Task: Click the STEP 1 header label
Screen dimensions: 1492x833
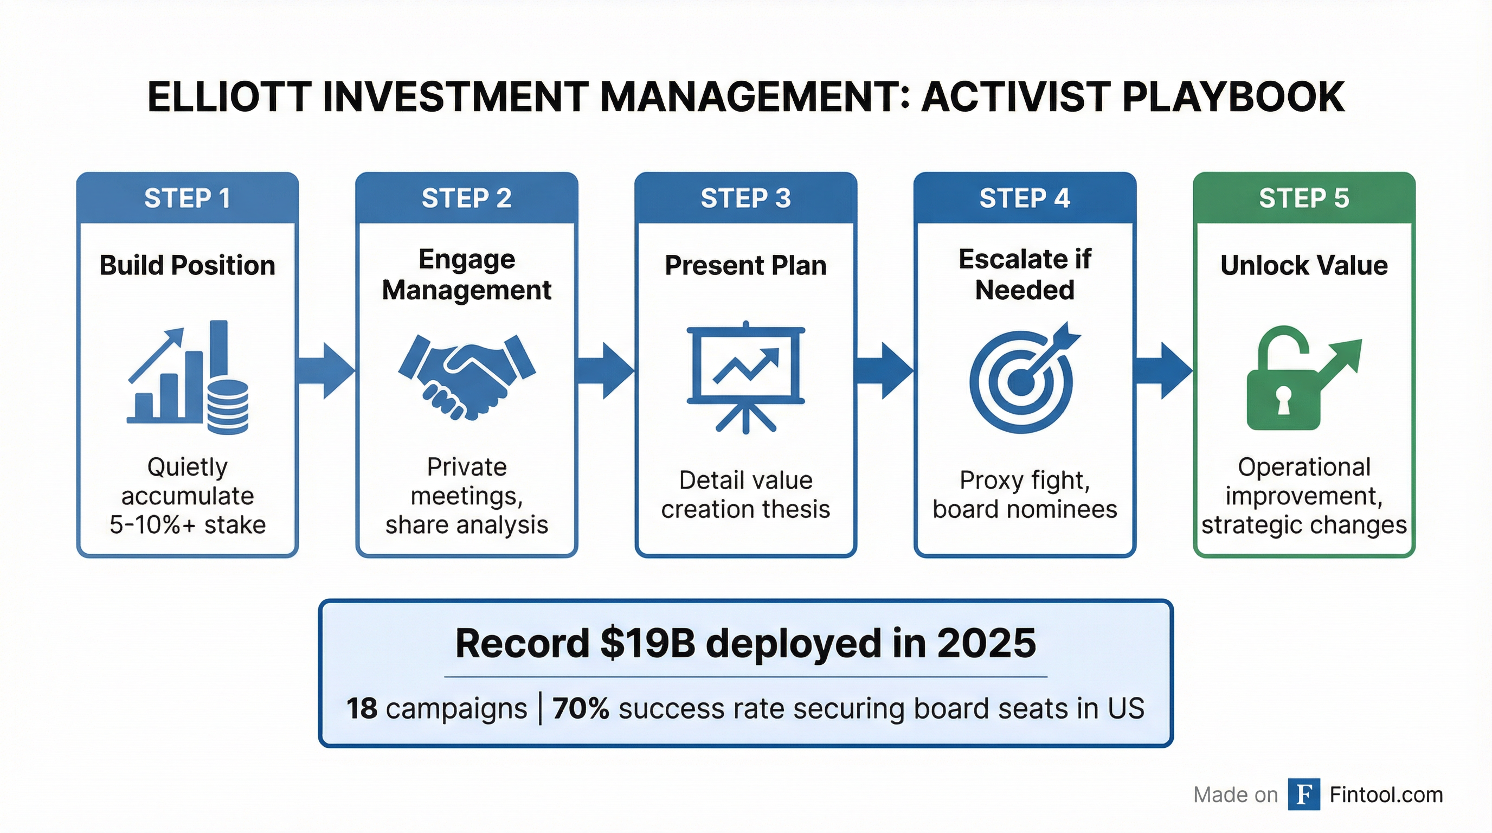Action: tap(187, 198)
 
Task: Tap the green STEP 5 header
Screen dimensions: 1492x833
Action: tap(1304, 198)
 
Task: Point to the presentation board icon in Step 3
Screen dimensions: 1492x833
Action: tap(745, 376)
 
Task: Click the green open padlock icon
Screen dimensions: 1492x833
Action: tap(1303, 377)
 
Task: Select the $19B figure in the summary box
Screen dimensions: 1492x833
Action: tap(647, 644)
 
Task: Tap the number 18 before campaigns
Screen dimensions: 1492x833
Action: tap(362, 708)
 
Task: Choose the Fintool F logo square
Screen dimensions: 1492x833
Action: tap(1304, 794)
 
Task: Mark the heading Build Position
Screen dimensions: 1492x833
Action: tap(187, 265)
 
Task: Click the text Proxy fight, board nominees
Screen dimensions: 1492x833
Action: tap(1025, 495)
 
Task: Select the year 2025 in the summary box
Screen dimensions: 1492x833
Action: tap(986, 644)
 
